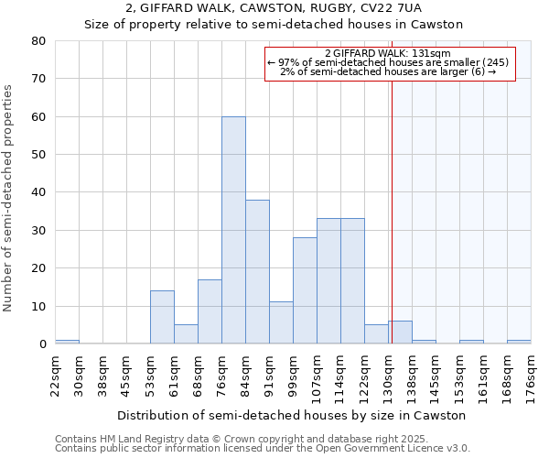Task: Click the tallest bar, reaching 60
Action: point(233,230)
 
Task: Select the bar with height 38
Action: point(257,272)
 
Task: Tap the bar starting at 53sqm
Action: point(162,317)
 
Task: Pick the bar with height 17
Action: point(210,311)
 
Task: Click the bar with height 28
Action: point(305,290)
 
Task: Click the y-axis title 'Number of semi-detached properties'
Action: point(9,198)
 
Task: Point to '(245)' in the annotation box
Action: point(496,62)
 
